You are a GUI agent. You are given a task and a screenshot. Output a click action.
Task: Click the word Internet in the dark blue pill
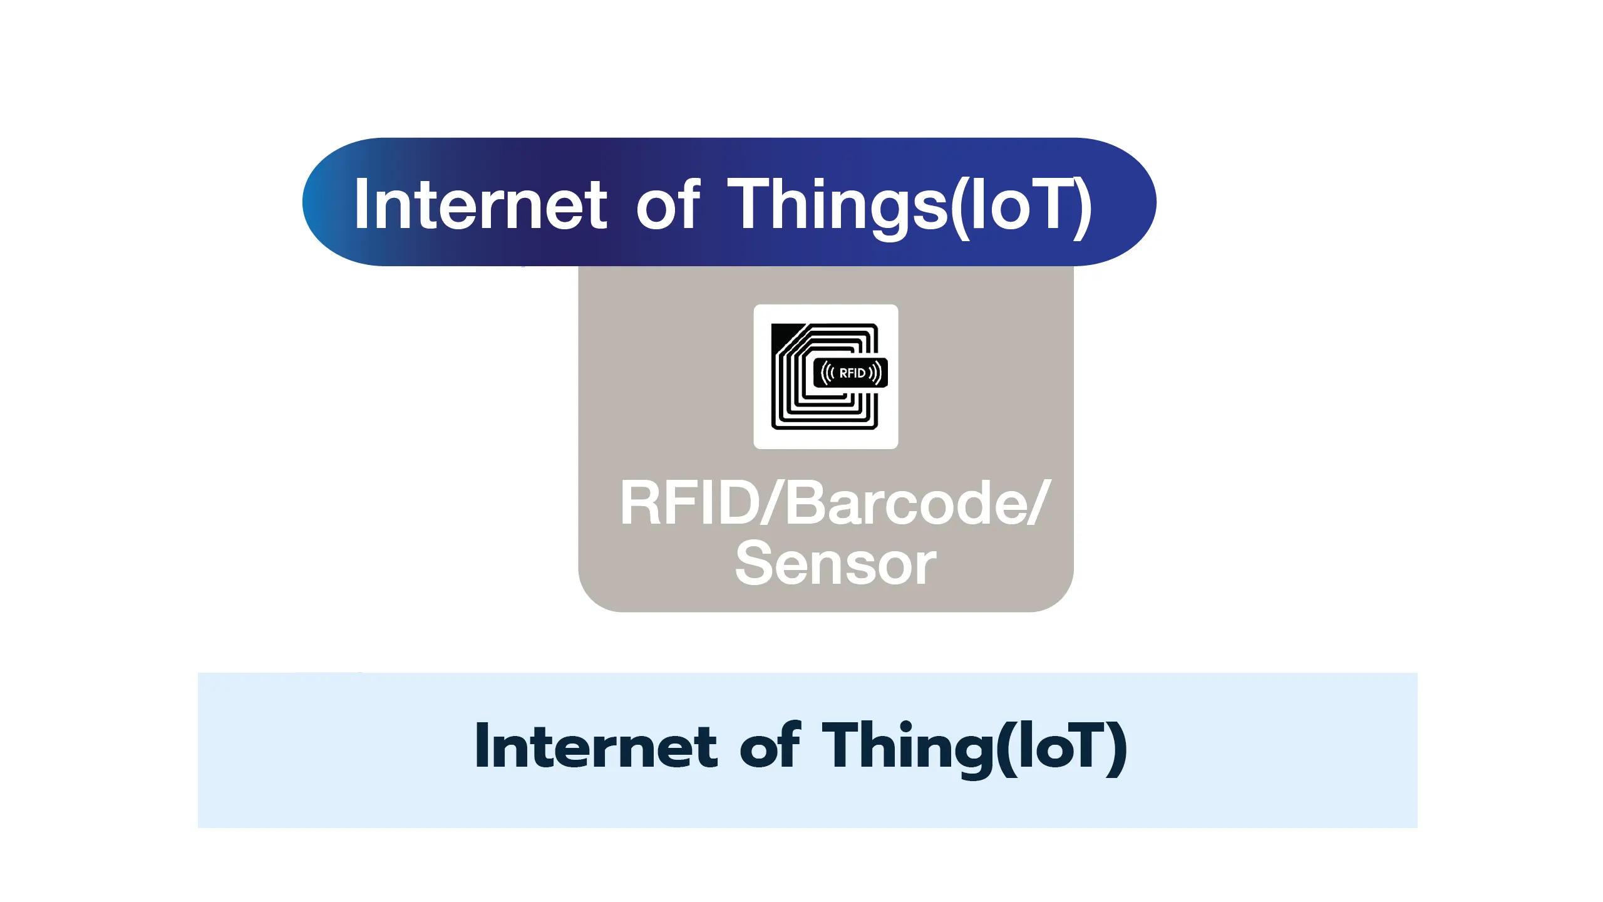point(480,204)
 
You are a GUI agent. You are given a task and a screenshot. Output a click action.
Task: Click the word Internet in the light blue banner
point(596,745)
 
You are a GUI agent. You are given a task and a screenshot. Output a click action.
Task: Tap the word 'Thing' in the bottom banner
point(904,749)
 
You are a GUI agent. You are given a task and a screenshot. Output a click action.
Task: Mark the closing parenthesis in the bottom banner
point(1116,749)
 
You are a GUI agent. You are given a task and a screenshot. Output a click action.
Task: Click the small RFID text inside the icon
point(852,373)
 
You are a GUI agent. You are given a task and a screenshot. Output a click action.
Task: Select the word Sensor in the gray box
point(835,564)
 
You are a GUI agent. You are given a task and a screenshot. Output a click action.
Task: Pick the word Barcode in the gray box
point(905,502)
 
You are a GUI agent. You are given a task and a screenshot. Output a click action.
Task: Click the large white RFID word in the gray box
point(689,502)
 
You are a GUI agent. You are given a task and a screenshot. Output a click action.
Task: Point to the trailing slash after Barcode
point(1038,502)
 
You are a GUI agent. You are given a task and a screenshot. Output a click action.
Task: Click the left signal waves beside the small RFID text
point(828,373)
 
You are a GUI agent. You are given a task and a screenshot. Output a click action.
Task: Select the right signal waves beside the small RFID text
point(875,373)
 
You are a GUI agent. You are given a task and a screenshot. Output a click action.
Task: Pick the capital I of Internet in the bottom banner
point(481,745)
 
